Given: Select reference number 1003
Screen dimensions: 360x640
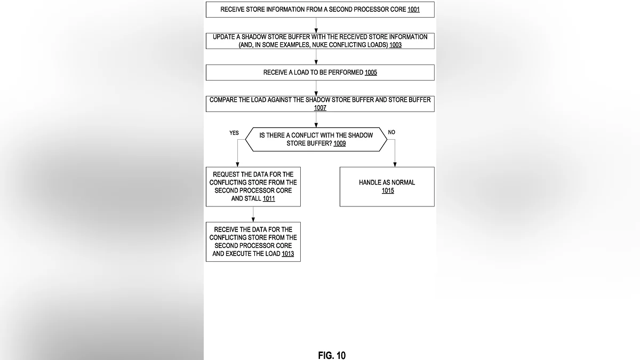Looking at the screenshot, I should coord(395,45).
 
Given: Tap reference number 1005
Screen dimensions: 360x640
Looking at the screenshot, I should coord(371,73).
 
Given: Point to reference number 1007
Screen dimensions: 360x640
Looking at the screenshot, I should coord(320,108).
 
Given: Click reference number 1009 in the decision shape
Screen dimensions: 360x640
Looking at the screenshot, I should coord(340,143).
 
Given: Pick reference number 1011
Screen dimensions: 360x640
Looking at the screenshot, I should coord(269,198).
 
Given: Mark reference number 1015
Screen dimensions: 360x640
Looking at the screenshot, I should coord(388,191).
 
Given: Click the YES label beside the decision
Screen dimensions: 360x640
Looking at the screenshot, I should coord(234,133).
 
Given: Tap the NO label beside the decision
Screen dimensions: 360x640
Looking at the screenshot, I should coord(392,132).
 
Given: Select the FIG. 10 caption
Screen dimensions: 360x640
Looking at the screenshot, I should coord(332,355).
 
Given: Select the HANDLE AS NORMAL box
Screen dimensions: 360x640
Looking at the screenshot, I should coord(387,187).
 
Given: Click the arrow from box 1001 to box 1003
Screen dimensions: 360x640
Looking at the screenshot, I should coord(316,25).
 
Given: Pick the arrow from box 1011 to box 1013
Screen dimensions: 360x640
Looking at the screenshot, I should coord(253,214).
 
